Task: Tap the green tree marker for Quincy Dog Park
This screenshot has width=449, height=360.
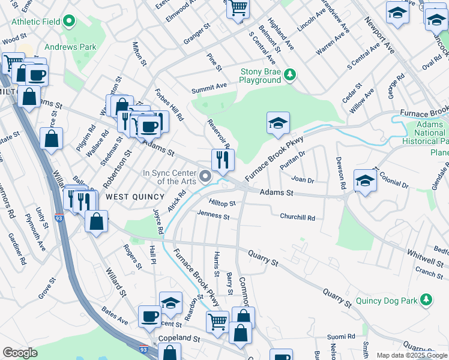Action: click(426, 299)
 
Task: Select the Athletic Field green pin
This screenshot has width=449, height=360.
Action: click(69, 22)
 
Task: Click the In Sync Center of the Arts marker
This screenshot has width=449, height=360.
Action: click(205, 176)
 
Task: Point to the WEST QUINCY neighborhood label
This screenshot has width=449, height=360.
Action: click(135, 197)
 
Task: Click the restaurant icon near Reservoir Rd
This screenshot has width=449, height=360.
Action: click(222, 160)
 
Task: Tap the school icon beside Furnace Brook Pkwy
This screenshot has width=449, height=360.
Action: click(278, 123)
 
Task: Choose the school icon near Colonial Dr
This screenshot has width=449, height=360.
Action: click(365, 180)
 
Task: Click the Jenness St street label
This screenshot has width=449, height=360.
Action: click(213, 214)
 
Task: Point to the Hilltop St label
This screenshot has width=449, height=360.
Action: click(222, 203)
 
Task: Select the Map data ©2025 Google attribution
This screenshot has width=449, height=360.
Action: click(411, 355)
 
